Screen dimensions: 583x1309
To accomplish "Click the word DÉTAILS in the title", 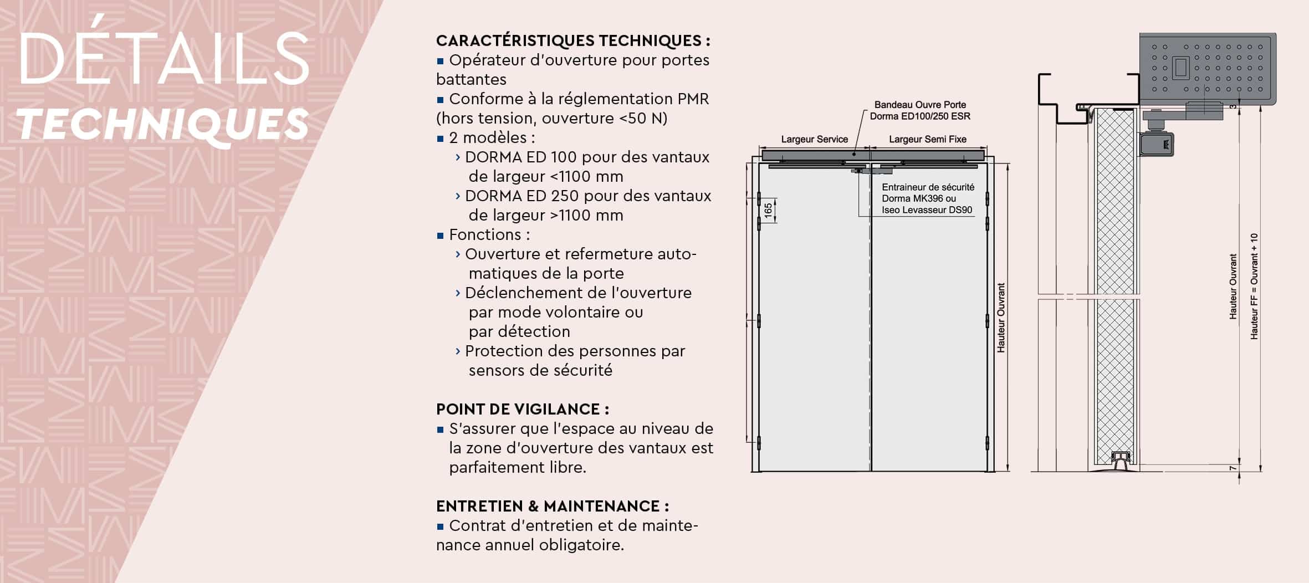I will click(164, 60).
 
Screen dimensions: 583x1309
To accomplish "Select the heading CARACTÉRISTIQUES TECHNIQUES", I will click(572, 40).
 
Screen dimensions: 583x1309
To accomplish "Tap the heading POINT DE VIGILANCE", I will click(522, 409).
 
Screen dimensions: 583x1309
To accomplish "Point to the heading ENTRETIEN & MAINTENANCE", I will click(552, 506).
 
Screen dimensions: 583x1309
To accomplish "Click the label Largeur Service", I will click(814, 139).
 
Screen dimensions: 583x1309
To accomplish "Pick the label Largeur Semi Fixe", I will click(928, 139).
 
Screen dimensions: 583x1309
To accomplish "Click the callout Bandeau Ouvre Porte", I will click(920, 105).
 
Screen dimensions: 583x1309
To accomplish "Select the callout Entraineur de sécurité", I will click(928, 187).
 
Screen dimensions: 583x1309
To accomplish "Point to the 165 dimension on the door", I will click(768, 211).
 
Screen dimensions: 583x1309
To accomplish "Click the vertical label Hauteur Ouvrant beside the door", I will click(1001, 318).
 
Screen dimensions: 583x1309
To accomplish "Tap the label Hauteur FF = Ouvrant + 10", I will click(1254, 286).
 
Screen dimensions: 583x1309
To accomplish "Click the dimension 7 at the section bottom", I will click(1233, 468).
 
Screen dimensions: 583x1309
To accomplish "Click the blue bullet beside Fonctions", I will click(441, 236).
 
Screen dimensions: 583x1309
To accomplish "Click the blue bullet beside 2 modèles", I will click(441, 139).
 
